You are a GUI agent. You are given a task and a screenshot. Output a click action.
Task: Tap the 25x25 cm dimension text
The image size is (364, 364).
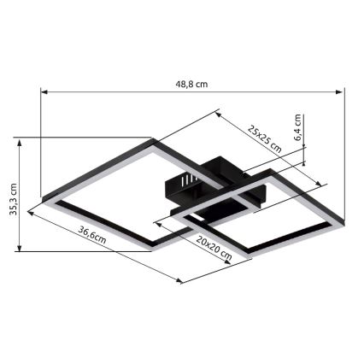pyautogui.click(x=265, y=137)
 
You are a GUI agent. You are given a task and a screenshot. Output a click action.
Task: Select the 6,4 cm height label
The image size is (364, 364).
pyautogui.click(x=297, y=126)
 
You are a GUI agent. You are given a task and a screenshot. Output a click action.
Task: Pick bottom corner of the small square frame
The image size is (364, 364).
pyautogui.click(x=247, y=259)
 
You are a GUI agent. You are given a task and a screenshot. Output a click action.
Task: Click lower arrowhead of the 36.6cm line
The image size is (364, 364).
pyautogui.click(x=181, y=283)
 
